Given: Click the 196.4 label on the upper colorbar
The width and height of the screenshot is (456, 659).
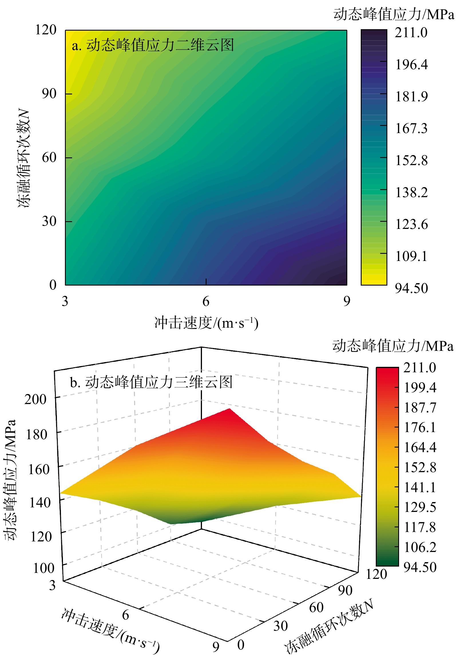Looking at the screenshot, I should [411, 65].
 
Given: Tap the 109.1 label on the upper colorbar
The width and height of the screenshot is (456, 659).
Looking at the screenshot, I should [411, 256].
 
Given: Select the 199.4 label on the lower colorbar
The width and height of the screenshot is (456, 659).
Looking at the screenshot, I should [420, 388].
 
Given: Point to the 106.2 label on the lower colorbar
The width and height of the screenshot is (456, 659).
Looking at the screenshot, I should [420, 547].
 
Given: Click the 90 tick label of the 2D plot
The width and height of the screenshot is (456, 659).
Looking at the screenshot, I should [49, 94].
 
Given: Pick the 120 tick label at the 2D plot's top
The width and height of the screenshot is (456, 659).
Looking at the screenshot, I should [46, 30].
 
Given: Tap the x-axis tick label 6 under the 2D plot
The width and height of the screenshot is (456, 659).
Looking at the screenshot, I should [206, 301].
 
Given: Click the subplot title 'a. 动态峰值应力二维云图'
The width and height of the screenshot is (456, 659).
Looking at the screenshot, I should [153, 45].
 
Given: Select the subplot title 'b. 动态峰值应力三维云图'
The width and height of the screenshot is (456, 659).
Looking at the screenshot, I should [151, 382].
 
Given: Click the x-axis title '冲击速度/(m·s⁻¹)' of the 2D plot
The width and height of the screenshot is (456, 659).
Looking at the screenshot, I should [206, 323].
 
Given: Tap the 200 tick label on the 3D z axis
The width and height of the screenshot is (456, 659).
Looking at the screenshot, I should [35, 399].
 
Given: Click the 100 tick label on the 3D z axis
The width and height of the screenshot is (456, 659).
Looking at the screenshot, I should [44, 568].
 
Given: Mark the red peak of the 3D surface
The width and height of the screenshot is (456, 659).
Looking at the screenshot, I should [229, 410].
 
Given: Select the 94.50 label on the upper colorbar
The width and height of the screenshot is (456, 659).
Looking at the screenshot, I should [411, 288].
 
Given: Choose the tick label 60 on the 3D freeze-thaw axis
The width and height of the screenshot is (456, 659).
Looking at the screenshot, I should [316, 607].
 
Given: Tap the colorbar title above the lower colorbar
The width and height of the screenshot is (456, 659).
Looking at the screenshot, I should [393, 346].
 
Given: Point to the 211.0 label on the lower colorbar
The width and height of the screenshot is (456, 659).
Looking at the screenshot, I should [420, 368].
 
